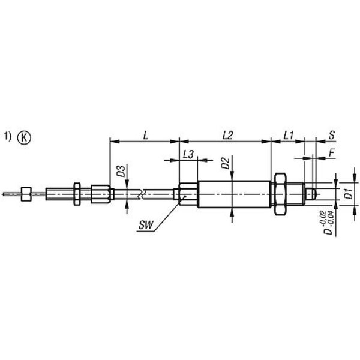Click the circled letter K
coord(24,138)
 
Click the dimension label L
coord(146,136)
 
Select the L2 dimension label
coord(228,136)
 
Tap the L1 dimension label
coord(289,136)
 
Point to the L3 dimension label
coord(188,155)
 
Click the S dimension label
coord(332,136)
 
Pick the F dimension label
coord(331,152)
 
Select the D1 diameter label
coord(349,194)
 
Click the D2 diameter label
coord(226,163)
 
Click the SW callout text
coord(146,225)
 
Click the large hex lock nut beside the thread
coord(280,194)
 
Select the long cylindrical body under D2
coord(234,194)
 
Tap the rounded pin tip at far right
coord(311,194)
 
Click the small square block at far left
coord(26,194)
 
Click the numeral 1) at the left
coord(8,136)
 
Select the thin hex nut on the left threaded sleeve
coord(77,194)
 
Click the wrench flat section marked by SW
coord(188,194)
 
